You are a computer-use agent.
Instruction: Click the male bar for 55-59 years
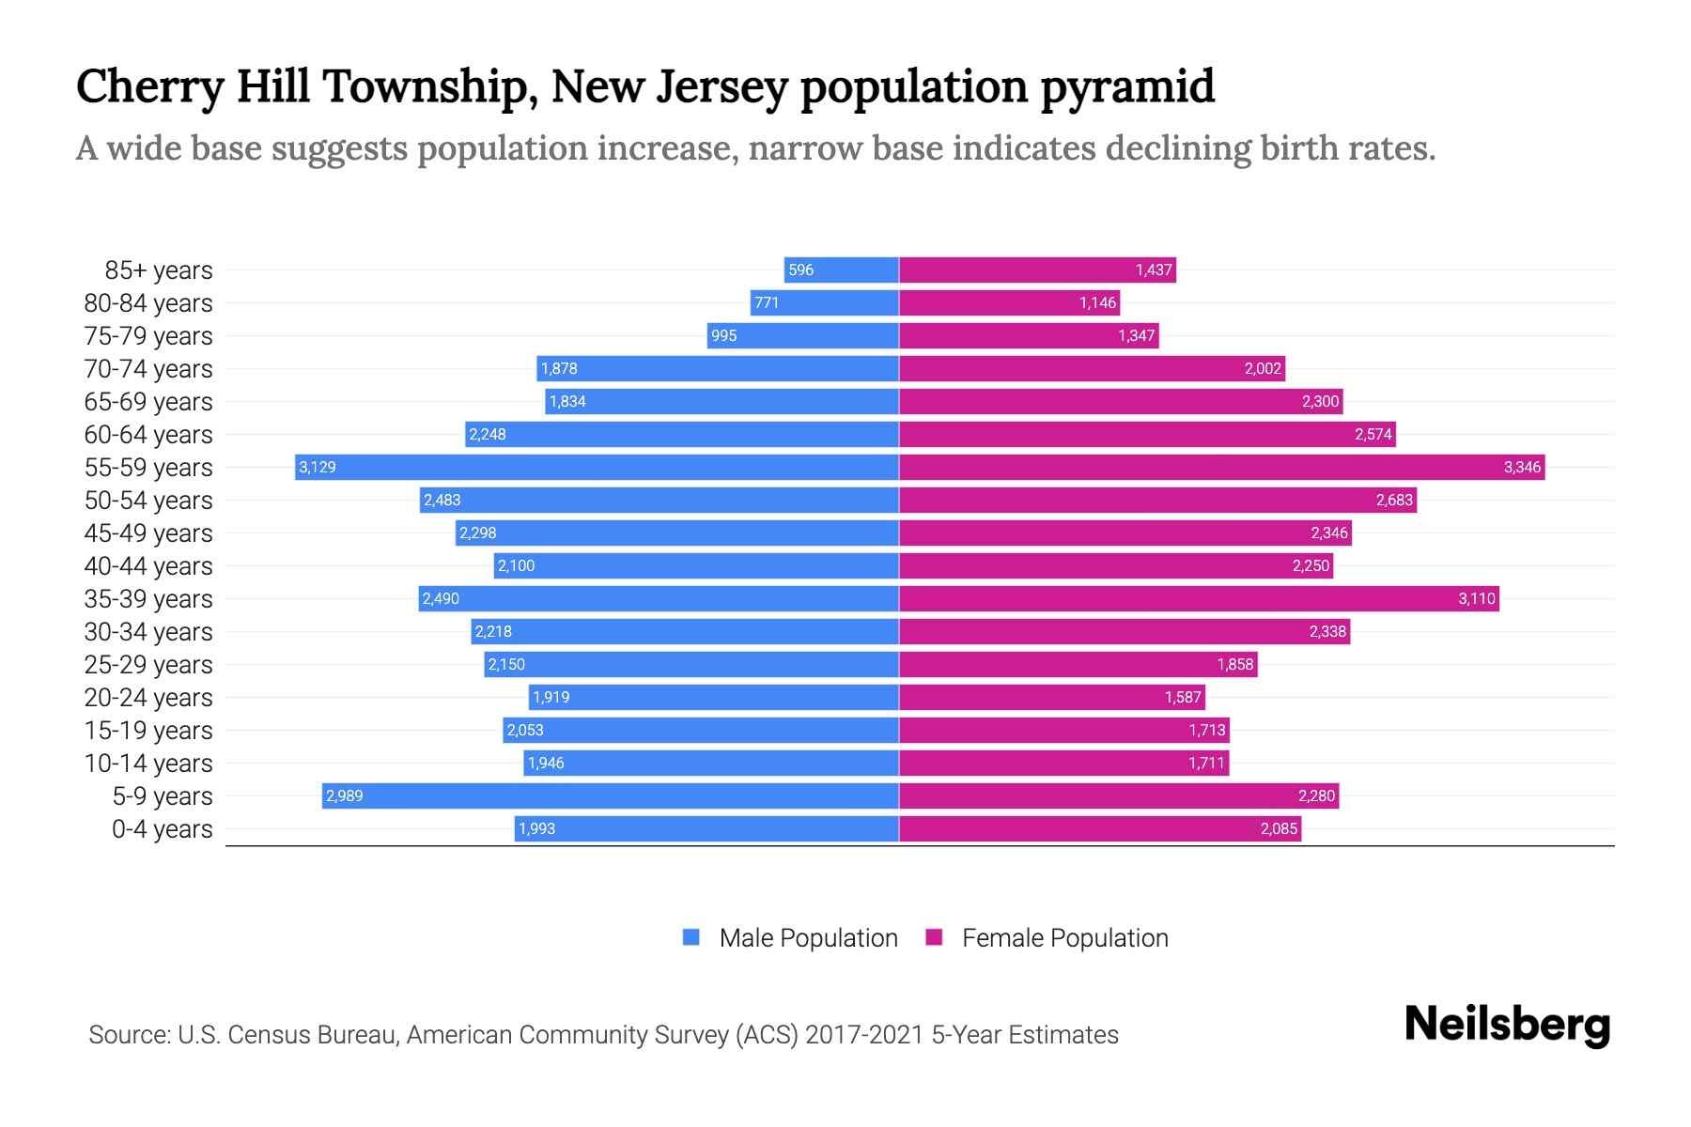[x=597, y=467]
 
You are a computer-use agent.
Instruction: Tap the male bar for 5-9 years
[x=611, y=795]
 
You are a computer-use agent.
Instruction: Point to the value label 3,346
[x=1522, y=467]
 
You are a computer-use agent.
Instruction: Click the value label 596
[x=800, y=270]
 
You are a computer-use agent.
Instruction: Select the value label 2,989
[x=344, y=795]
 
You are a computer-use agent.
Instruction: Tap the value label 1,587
[x=1183, y=697]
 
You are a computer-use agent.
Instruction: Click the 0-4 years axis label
[x=162, y=829]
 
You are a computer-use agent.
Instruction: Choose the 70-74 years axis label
[x=148, y=369]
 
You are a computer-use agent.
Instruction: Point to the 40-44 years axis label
[x=148, y=566]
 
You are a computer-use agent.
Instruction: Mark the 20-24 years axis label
[x=148, y=698]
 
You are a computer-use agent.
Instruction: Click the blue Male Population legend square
[x=691, y=937]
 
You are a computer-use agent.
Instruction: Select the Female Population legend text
[x=1064, y=937]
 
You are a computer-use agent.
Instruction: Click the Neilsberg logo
[x=1507, y=1025]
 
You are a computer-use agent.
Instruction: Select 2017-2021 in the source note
[x=863, y=1035]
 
